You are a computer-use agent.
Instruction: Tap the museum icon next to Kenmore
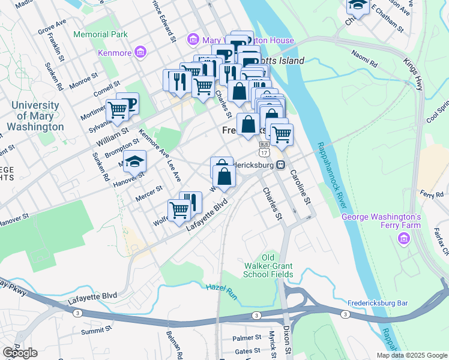140,53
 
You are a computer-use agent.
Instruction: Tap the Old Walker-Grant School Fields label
268,266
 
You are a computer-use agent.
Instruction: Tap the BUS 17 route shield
264,149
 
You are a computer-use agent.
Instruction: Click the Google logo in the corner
19,353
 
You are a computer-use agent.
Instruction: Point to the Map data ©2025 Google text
412,355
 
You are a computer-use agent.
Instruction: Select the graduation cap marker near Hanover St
135,161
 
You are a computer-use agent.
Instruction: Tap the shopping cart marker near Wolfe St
179,210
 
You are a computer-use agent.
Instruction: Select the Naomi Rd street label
365,62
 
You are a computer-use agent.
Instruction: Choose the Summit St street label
97,330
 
